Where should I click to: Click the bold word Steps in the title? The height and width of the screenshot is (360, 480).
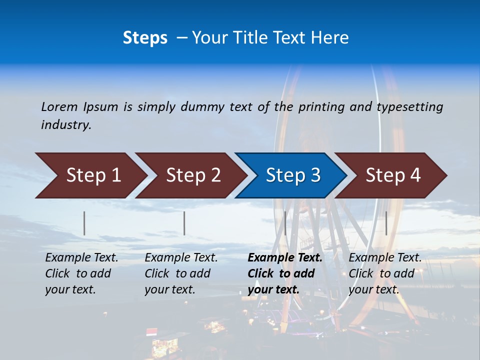[145, 38]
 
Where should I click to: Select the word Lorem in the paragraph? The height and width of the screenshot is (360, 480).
[59, 106]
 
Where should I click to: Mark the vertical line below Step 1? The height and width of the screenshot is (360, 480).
[84, 223]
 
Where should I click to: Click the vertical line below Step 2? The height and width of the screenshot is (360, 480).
[184, 223]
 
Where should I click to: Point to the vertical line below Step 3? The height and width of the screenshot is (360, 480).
[285, 223]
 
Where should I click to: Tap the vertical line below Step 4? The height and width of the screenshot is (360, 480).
[386, 223]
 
